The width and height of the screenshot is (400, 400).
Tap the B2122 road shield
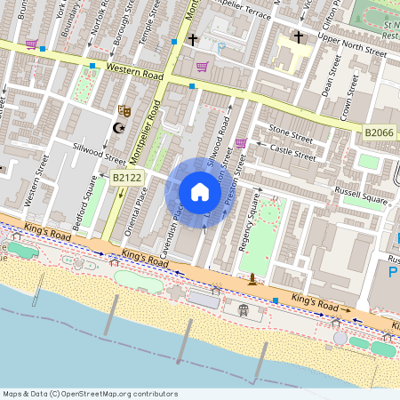pyautogui.click(x=127, y=179)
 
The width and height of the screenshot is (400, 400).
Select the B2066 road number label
pyautogui.click(x=380, y=132)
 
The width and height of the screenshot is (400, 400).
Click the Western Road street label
pyautogui.click(x=136, y=68)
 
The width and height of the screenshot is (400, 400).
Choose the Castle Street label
pyautogui.click(x=292, y=155)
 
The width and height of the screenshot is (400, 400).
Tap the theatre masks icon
pyautogui.click(x=125, y=111)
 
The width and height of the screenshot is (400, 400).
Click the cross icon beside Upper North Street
pyautogui.click(x=298, y=38)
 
